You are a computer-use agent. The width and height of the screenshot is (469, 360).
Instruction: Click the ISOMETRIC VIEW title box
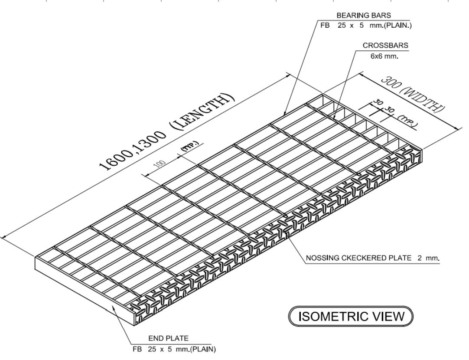(x=351, y=316)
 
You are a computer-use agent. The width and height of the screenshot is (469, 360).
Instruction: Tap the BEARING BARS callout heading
(x=364, y=16)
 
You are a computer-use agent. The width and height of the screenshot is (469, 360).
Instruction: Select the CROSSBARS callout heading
(x=385, y=45)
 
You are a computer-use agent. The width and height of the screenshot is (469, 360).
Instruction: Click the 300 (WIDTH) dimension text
(x=412, y=95)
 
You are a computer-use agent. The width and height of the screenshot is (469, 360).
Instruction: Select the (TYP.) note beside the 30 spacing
(x=408, y=121)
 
